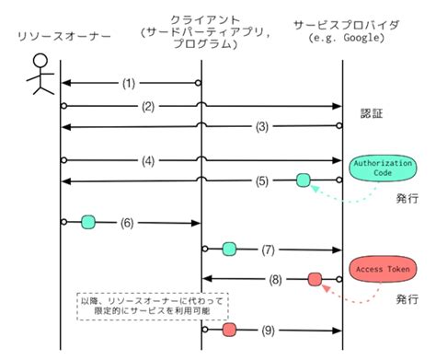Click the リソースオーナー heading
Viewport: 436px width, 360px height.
point(55,36)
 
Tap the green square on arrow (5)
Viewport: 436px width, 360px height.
point(304,180)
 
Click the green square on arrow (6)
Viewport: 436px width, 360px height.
point(88,222)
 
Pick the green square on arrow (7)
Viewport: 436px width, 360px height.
point(229,249)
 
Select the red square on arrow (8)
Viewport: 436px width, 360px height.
point(315,278)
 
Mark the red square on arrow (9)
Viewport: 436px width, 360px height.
point(228,329)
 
